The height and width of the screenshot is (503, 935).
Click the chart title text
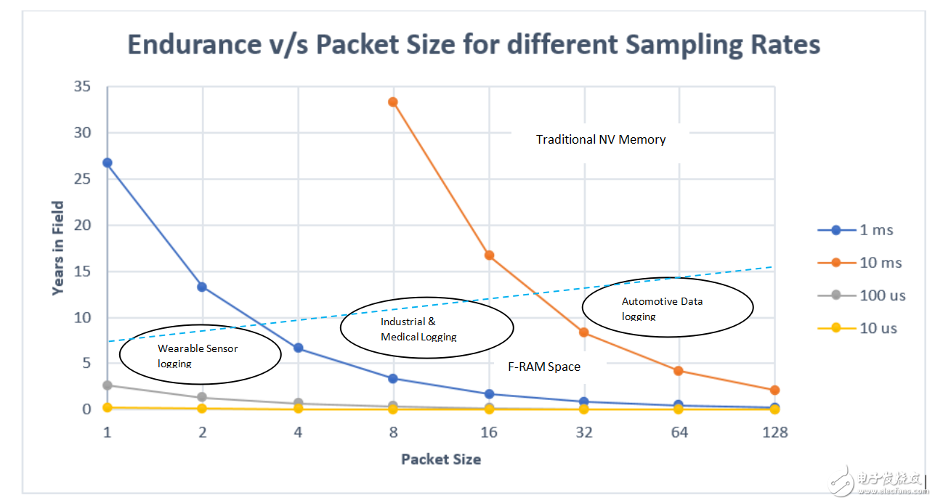474,45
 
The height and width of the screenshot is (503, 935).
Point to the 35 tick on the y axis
82,87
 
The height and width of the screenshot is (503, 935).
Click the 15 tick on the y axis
83,271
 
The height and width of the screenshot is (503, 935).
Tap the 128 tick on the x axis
774,433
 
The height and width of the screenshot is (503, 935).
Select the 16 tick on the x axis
489,433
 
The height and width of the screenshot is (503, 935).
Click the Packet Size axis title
440,459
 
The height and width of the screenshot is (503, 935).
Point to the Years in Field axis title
58,248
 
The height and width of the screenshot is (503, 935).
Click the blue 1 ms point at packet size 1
108,163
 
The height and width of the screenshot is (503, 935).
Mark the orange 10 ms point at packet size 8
393,102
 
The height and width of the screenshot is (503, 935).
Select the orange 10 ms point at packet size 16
489,255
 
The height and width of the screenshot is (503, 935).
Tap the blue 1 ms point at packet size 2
203,287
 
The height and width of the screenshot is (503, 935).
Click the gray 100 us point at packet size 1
108,385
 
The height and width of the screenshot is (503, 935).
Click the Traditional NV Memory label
601,139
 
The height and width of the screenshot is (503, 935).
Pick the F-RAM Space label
543,367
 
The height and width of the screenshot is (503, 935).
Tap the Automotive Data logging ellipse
668,307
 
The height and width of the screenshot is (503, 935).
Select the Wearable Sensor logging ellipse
200,354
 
